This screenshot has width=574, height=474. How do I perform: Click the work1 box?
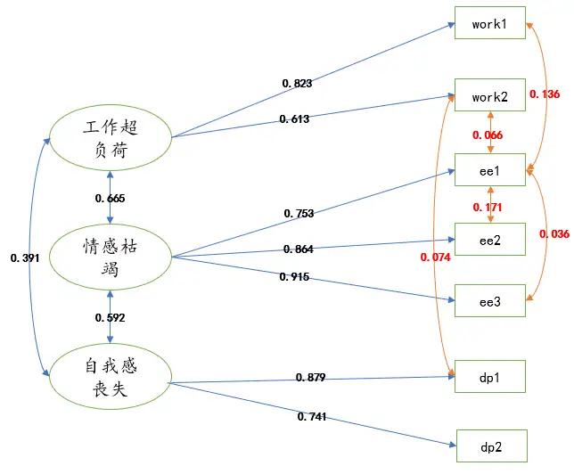[489, 24]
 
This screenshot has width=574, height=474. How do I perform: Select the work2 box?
[489, 96]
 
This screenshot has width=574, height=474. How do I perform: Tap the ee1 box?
[489, 170]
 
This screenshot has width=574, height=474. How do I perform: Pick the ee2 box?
[489, 239]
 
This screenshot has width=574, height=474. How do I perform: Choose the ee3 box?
[489, 302]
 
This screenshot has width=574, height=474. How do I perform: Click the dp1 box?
[489, 377]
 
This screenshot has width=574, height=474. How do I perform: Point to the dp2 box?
[491, 445]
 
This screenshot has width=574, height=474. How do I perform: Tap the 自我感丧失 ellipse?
[109, 377]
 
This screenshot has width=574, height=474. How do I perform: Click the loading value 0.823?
[297, 84]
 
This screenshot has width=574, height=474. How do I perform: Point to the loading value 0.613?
[294, 119]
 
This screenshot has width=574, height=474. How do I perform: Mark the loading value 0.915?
[294, 277]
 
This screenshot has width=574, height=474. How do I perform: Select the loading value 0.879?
[311, 379]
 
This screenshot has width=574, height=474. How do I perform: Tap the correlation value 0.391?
[25, 257]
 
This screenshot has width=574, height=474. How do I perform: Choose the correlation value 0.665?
[110, 198]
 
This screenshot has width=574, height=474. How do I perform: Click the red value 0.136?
[545, 94]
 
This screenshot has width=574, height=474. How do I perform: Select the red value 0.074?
[435, 257]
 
